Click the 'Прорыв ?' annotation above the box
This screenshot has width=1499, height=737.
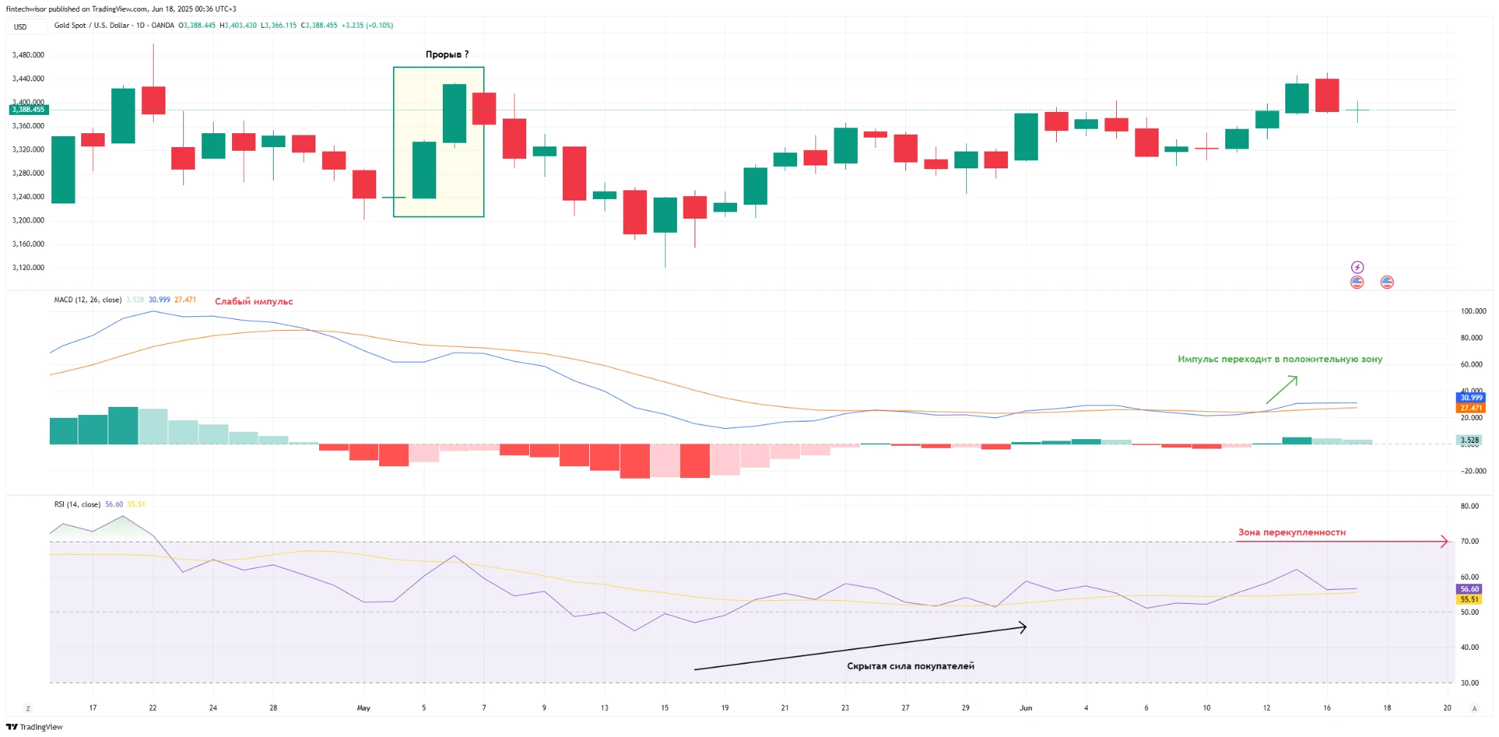[446, 54]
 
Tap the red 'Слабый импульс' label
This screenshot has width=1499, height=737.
[253, 302]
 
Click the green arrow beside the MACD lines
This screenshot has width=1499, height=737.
[1282, 389]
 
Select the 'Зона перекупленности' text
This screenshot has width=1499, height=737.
[1292, 532]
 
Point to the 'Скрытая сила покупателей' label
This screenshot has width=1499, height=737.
[911, 666]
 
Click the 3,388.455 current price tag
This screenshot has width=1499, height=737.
[29, 110]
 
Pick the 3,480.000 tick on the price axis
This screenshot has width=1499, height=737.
[29, 55]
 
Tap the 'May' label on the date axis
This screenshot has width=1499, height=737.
[364, 708]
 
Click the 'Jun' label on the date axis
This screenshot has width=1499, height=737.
[1025, 708]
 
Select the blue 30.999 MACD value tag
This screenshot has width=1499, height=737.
[1470, 398]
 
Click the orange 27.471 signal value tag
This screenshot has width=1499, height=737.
[1470, 408]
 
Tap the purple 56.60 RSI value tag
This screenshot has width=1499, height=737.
[1469, 589]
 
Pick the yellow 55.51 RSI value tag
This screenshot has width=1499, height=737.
[1469, 599]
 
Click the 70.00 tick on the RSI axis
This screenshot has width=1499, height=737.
[1469, 542]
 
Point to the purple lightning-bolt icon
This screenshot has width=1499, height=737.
[1357, 267]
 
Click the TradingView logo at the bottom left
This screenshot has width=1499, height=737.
[34, 727]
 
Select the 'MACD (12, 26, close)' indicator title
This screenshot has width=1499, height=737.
[88, 300]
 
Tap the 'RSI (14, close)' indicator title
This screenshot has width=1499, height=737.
[77, 504]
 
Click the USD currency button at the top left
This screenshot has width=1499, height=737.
[20, 27]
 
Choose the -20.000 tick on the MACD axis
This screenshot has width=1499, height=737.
[1473, 471]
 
